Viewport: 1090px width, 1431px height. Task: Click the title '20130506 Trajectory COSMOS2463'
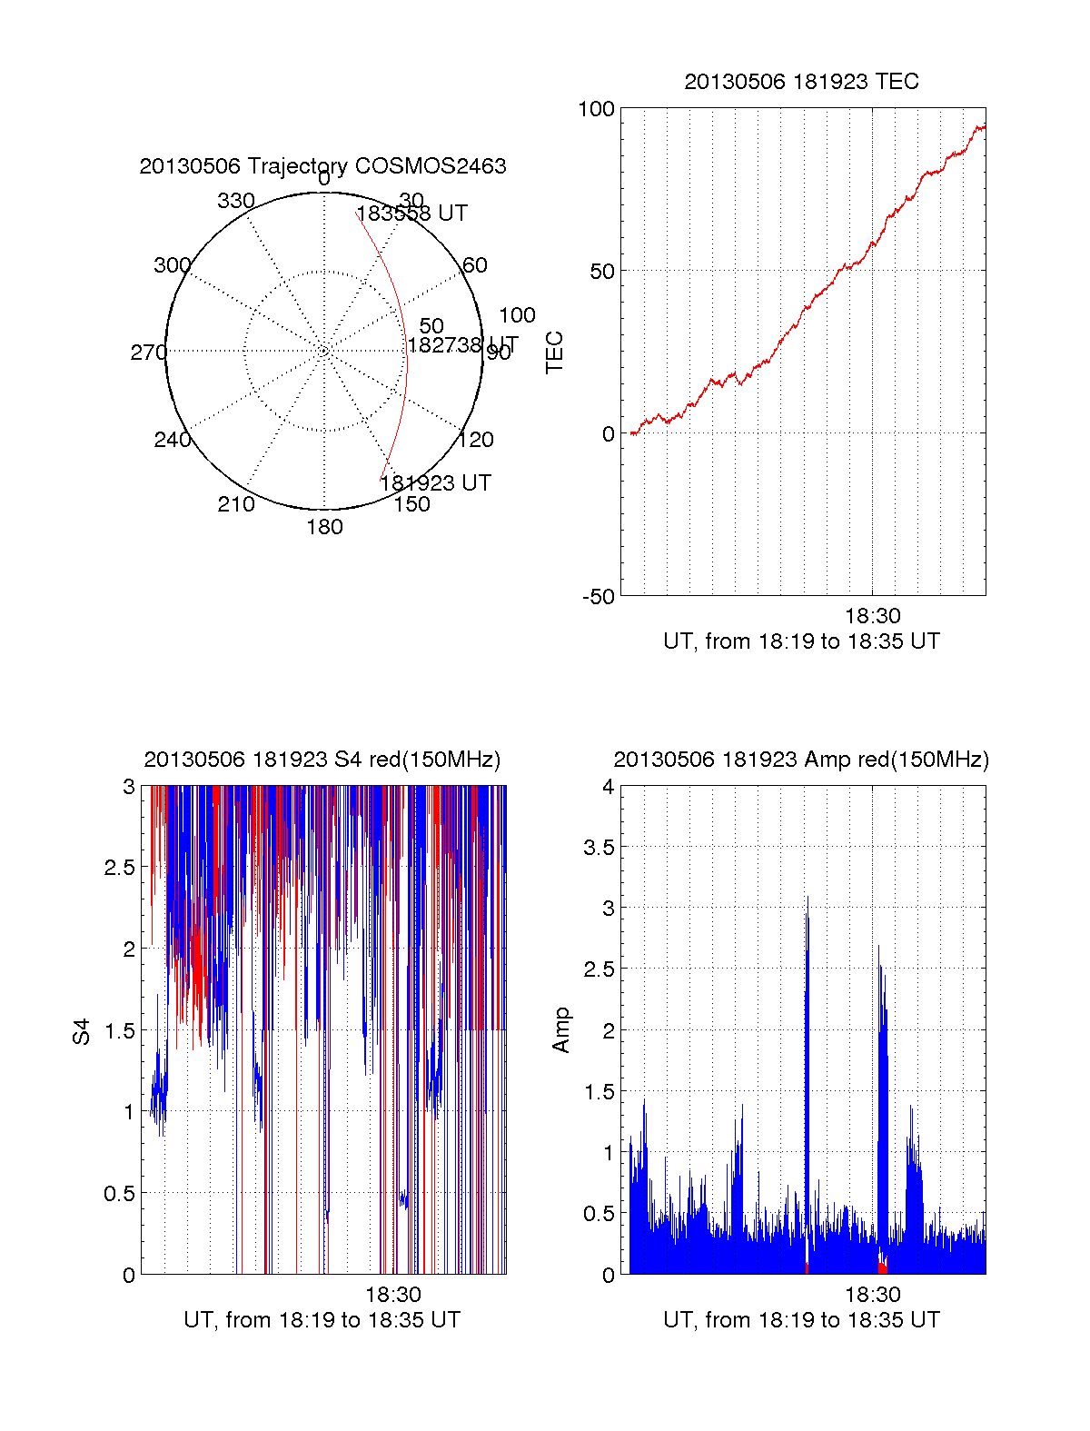[322, 166]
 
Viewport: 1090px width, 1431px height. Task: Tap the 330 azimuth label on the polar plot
[235, 201]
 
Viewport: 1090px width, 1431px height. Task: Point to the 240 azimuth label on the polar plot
[172, 440]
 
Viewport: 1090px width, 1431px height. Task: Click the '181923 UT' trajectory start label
[435, 483]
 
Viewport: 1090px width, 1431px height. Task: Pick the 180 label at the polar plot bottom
[324, 527]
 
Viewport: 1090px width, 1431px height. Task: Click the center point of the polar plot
[324, 351]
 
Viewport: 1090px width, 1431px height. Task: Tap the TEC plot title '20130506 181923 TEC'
[801, 82]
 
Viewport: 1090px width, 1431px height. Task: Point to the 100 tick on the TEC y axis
[596, 109]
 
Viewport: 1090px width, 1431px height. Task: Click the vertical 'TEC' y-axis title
[554, 353]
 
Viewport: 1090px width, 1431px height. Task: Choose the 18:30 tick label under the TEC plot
[873, 616]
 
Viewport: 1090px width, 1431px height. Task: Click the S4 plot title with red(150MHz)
[322, 760]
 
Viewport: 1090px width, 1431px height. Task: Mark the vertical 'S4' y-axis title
[82, 1032]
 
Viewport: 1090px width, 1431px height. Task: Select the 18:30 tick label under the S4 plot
[393, 1295]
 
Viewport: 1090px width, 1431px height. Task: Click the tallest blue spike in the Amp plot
[807, 899]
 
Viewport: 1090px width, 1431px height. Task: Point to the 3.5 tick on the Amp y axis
[599, 848]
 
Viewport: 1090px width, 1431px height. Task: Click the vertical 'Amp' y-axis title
[561, 1030]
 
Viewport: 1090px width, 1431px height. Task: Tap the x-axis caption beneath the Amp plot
[801, 1320]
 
